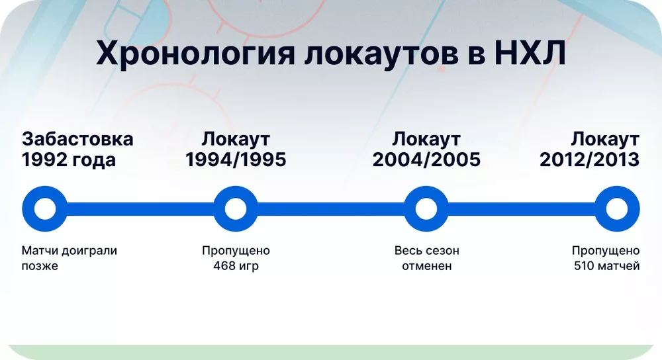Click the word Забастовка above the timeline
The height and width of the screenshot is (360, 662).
(x=77, y=140)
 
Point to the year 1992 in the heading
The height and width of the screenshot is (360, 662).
(x=45, y=160)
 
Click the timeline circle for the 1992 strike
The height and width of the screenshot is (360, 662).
(x=44, y=209)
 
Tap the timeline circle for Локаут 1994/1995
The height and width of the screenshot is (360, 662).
(x=236, y=209)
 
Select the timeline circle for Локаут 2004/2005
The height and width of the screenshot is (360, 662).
(x=426, y=209)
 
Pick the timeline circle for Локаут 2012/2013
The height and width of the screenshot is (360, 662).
(x=617, y=209)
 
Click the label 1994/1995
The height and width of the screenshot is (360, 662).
(x=236, y=160)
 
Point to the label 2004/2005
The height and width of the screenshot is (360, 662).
(x=426, y=160)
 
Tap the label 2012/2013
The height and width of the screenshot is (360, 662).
(x=589, y=160)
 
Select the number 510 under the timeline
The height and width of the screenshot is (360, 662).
(x=586, y=267)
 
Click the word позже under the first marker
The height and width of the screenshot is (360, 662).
(x=40, y=267)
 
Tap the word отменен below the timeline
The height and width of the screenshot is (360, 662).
(x=426, y=267)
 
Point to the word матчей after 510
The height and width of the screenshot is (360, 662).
(x=620, y=267)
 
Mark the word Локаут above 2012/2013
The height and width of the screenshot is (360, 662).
(x=605, y=140)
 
